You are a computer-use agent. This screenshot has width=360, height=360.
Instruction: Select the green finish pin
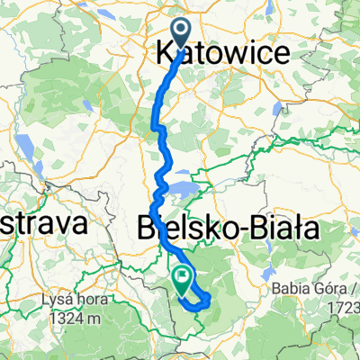click(184, 278)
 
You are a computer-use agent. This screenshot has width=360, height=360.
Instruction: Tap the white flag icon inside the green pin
click(184, 275)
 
